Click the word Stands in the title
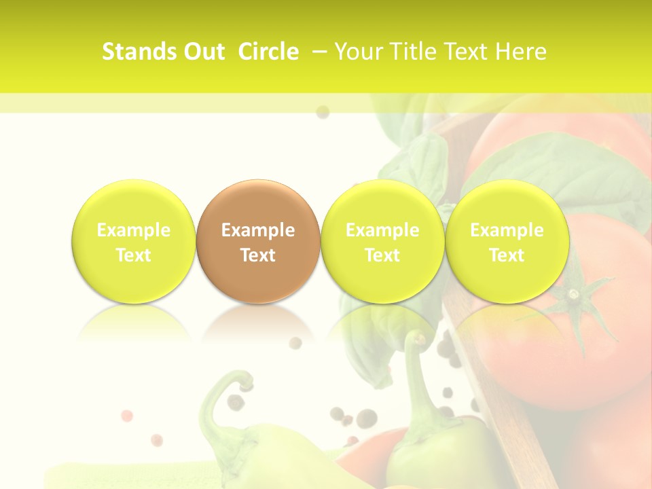[x=139, y=52]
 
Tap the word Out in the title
[x=202, y=52]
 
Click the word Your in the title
[x=358, y=52]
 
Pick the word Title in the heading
[x=410, y=52]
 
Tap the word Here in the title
[x=520, y=52]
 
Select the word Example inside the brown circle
[x=258, y=230]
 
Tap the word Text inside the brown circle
[x=258, y=255]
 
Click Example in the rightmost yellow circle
[x=507, y=230]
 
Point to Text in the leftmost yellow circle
[x=133, y=255]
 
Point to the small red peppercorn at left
[x=126, y=415]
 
